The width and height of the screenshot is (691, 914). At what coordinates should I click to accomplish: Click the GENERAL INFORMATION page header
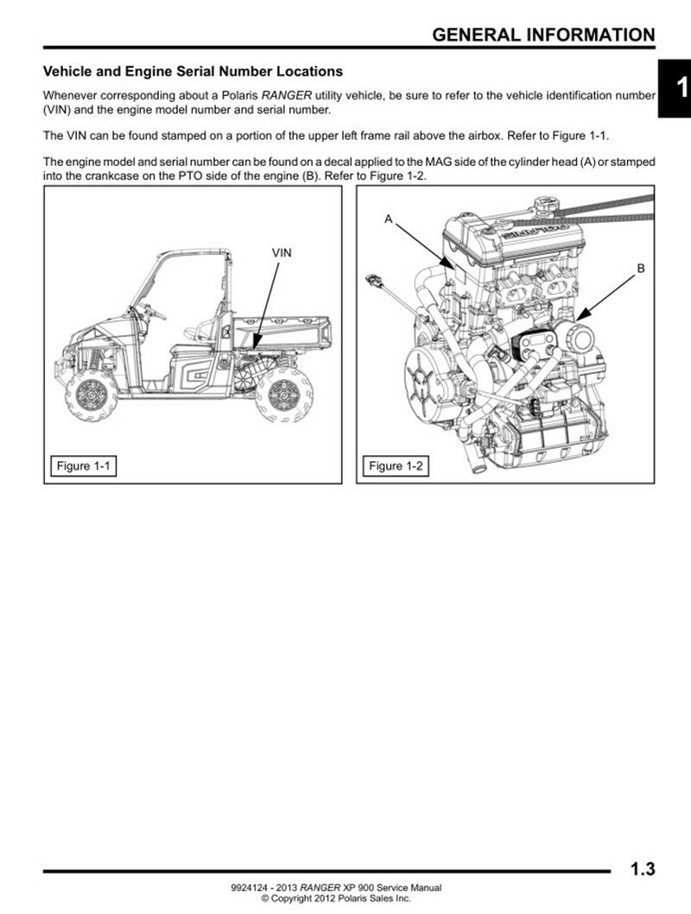[x=543, y=35]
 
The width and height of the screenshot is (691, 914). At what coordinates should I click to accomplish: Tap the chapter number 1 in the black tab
[x=680, y=87]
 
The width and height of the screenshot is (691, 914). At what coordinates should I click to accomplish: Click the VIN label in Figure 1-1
[x=282, y=252]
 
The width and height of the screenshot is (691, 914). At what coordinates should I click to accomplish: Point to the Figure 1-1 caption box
[x=81, y=467]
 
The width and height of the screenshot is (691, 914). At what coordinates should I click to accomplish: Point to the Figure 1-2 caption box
[x=394, y=467]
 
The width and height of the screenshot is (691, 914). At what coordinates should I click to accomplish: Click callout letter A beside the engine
[x=389, y=220]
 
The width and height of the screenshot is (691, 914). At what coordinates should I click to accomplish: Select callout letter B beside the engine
[x=641, y=269]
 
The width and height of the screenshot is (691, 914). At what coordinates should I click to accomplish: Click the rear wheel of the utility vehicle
[x=282, y=394]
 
